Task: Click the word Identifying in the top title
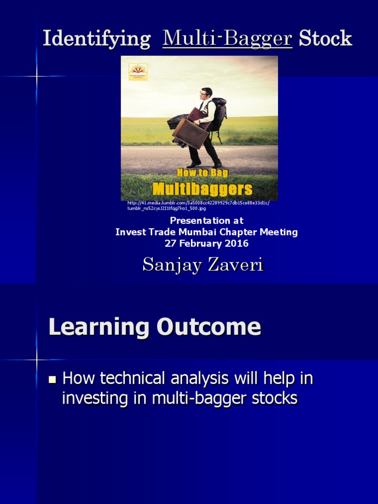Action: [x=96, y=39]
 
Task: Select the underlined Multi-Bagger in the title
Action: [x=227, y=39]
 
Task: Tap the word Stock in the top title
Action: [x=325, y=39]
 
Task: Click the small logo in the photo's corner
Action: [x=138, y=71]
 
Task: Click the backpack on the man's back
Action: [x=218, y=113]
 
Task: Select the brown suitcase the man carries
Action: [x=190, y=133]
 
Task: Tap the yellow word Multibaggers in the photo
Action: [x=202, y=189]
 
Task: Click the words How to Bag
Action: [x=202, y=173]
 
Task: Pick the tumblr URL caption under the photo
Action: [x=198, y=205]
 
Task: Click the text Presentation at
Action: [x=206, y=220]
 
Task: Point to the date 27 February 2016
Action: [x=206, y=244]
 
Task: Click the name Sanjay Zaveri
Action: [x=203, y=265]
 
